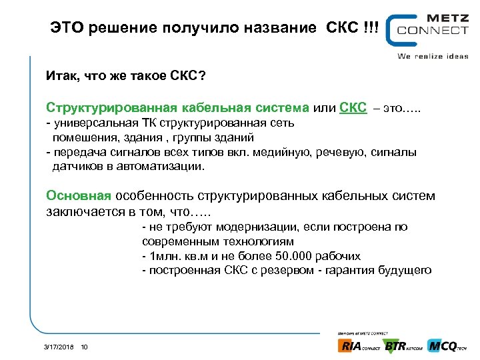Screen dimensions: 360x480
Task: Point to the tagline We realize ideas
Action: pos(433,56)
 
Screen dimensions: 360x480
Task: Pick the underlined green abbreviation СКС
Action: pos(353,108)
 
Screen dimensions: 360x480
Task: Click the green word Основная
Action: pos(78,196)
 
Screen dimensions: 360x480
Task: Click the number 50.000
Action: pos(295,256)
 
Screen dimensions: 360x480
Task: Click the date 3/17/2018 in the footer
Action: pos(58,347)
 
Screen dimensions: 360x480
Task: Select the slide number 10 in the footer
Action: pos(84,347)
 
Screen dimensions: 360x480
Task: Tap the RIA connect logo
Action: pos(359,346)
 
